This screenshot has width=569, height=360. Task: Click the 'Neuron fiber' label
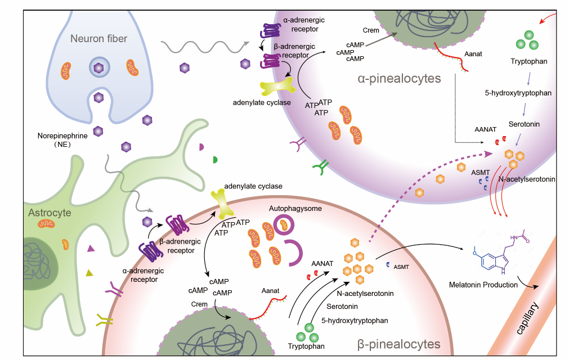(98, 38)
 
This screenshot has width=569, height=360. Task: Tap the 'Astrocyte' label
(50, 213)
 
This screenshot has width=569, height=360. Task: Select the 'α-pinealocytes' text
(399, 78)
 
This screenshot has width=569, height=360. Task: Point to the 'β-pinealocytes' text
(399, 344)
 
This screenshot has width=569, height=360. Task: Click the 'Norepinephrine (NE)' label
(62, 140)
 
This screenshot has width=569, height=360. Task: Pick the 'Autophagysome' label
(295, 209)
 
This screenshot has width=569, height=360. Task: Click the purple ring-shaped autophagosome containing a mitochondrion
(284, 225)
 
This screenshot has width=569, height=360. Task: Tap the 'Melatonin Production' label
(483, 285)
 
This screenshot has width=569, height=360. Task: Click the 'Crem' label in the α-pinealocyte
(371, 30)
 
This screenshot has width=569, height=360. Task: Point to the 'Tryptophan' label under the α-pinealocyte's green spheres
(528, 61)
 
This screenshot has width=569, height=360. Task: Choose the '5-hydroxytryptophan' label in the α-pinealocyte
(518, 93)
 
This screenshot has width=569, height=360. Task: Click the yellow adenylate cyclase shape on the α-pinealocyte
(277, 87)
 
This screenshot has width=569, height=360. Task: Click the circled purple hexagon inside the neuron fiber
(99, 67)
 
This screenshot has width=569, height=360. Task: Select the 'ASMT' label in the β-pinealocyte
(401, 267)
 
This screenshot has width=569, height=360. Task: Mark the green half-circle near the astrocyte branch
(215, 160)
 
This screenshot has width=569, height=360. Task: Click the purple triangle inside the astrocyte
(91, 248)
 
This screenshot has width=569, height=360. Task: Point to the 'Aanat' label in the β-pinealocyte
(270, 291)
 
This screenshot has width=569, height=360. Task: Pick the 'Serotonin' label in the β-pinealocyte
(342, 307)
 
